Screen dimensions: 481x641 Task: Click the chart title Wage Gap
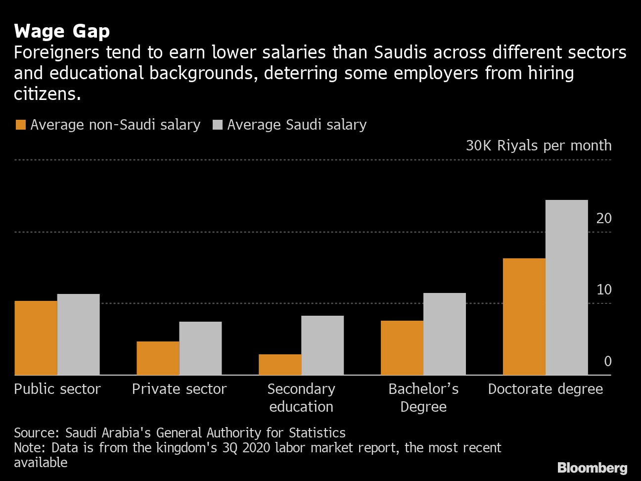pos(62,32)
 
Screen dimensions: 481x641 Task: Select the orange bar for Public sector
pos(36,337)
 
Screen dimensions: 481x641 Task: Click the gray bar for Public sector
pos(78,335)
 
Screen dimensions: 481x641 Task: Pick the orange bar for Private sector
pos(158,358)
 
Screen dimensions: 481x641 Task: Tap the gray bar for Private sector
pos(200,348)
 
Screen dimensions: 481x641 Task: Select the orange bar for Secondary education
pos(280,364)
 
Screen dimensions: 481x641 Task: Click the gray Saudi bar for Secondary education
pos(322,345)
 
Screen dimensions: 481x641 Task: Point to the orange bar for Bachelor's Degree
pos(402,347)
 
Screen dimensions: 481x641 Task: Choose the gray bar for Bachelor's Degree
pos(445,334)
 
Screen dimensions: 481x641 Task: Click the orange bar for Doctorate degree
pos(524,316)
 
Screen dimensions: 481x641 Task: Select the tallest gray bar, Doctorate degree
pos(567,287)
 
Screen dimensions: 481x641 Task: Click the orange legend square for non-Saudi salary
pos(20,125)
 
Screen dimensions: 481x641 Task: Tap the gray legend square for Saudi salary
pos(217,125)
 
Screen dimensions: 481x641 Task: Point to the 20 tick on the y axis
pos(604,218)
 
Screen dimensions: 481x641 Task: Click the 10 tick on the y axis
pos(604,289)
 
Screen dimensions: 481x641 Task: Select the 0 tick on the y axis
pos(607,361)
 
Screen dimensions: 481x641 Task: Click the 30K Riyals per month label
pos(538,145)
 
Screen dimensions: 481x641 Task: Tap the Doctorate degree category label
pos(545,389)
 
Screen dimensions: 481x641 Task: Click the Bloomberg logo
pos(592,468)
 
